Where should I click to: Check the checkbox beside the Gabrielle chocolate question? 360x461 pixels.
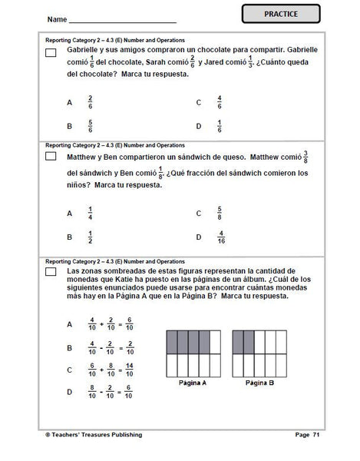51,52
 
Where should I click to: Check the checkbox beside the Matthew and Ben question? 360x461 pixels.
51,156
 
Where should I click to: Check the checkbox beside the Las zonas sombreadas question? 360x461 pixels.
51,274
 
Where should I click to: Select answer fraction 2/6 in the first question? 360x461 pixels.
90,102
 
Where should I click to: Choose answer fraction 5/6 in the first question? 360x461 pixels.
90,126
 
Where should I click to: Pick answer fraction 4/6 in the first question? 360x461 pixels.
220,102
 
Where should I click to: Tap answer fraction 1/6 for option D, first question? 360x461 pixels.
220,126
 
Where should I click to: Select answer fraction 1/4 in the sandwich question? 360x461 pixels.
90,214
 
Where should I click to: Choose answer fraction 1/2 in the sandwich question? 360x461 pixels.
90,237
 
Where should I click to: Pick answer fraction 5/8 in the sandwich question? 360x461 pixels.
220,214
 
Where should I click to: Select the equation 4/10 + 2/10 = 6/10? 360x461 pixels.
112,325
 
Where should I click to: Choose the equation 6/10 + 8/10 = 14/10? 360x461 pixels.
112,370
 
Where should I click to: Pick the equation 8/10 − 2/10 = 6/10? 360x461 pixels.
112,393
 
